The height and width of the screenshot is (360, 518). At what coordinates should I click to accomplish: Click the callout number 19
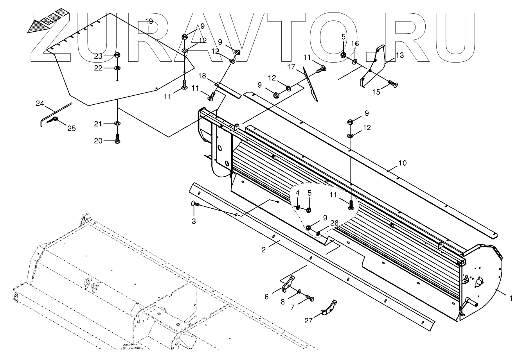tap(149, 21)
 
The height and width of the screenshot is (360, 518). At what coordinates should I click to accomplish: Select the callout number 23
tap(98, 56)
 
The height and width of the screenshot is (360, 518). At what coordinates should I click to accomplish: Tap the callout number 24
tap(40, 104)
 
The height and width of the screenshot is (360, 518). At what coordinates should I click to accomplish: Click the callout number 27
tap(309, 321)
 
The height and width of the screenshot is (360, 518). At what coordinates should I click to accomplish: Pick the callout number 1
tap(511, 298)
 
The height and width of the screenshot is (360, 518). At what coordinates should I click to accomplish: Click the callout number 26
tap(334, 224)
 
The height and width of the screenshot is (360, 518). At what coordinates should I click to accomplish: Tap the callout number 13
tap(399, 56)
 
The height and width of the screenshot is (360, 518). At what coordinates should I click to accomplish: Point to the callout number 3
tap(194, 221)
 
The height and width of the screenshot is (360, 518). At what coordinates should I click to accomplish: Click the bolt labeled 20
tap(117, 140)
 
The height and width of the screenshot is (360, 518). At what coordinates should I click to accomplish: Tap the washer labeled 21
tap(117, 124)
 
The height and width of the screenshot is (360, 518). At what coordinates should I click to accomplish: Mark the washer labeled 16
tap(354, 61)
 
